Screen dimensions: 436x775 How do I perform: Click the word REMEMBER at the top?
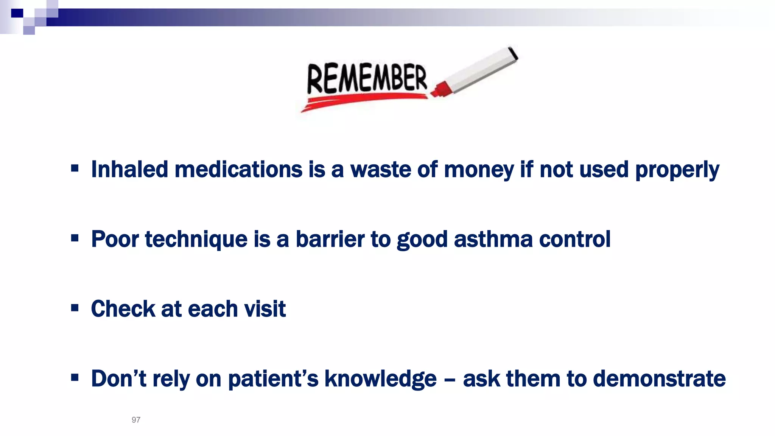pyautogui.click(x=366, y=78)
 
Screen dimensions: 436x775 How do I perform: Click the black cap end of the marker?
pyautogui.click(x=513, y=53)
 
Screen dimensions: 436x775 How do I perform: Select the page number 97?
pyautogui.click(x=136, y=420)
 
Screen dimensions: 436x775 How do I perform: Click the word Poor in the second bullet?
pyautogui.click(x=115, y=239)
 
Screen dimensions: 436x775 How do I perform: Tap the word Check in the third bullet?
pyautogui.click(x=123, y=309)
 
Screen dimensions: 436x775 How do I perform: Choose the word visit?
pyautogui.click(x=265, y=309)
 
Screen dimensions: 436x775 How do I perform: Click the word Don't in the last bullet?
pyautogui.click(x=118, y=378)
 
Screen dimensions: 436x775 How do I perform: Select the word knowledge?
pyautogui.click(x=380, y=379)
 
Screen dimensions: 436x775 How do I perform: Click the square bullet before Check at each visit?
pyautogui.click(x=75, y=308)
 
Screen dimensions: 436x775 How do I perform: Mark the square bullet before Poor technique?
pyautogui.click(x=75, y=238)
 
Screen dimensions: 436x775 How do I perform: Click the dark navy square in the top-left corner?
pyautogui.click(x=17, y=14)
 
